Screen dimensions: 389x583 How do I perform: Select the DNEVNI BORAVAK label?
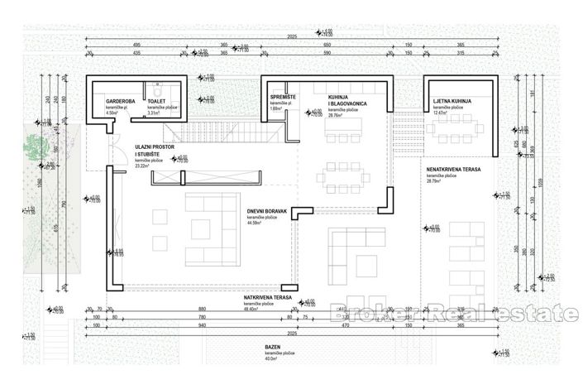point(265,211)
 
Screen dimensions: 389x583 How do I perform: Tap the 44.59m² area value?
point(255,223)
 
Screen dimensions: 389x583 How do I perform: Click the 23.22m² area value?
point(145,166)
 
